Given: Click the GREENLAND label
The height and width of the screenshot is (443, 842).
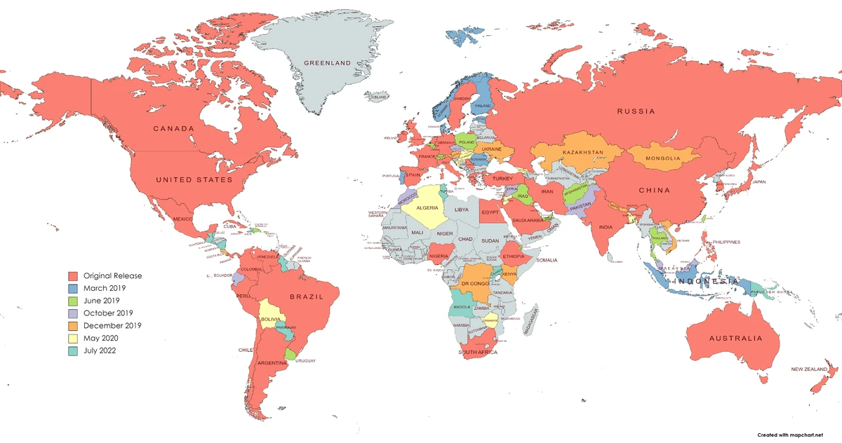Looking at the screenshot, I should click(x=327, y=63).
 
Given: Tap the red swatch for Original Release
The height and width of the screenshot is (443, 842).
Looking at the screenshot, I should click(x=72, y=275).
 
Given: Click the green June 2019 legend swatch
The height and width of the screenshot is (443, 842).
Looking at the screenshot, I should click(x=72, y=301).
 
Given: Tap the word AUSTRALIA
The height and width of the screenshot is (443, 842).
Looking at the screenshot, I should click(x=735, y=339).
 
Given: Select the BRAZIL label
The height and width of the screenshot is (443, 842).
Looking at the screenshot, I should click(x=305, y=297).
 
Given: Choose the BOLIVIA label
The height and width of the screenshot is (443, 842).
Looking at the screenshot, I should click(x=271, y=319).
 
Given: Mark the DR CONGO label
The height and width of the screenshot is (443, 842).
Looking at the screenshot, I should click(x=474, y=283).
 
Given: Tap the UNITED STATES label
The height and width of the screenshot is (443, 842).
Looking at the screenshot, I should click(x=194, y=180).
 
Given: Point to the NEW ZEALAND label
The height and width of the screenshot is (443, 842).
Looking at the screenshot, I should click(x=809, y=369).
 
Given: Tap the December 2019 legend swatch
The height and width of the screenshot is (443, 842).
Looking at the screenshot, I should click(x=72, y=326).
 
